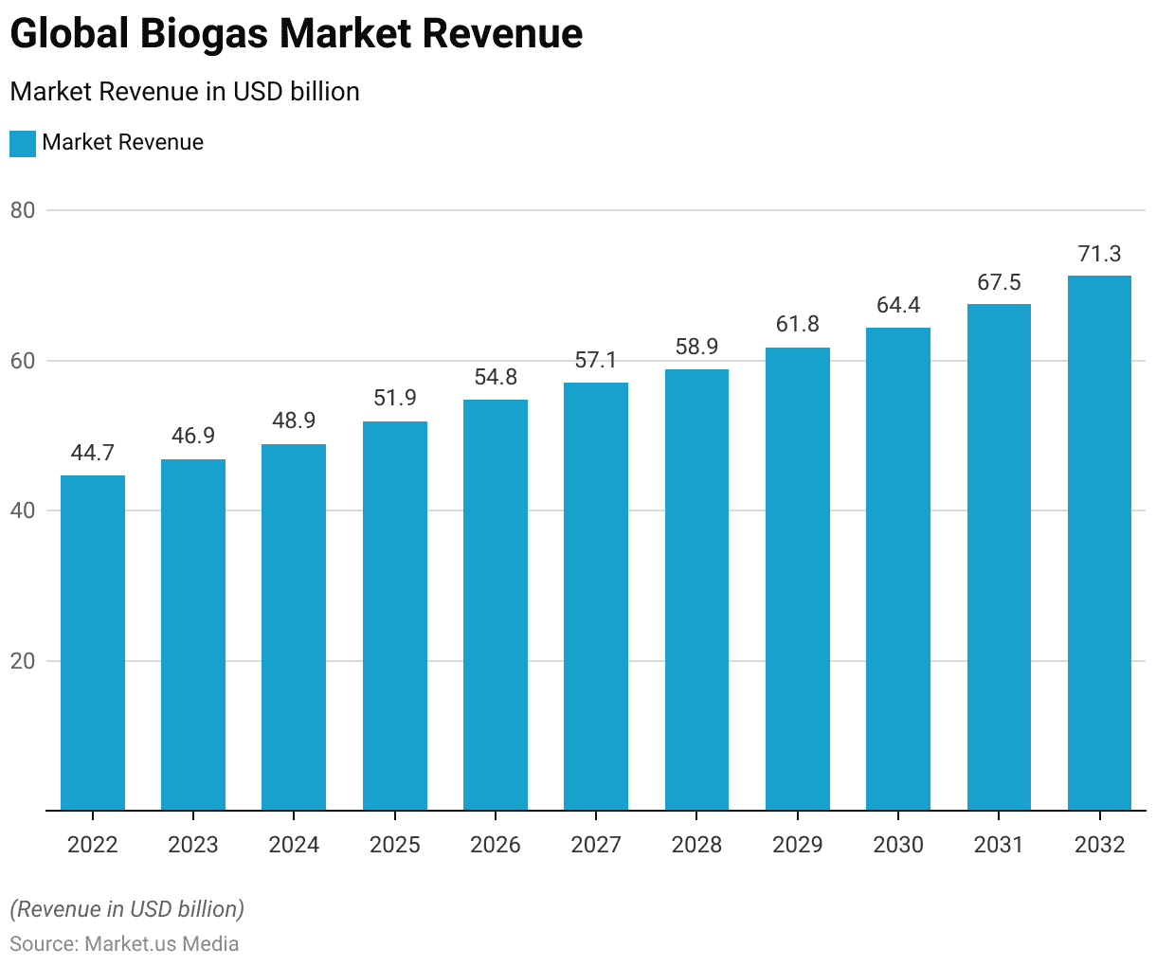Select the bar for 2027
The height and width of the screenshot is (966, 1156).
click(596, 597)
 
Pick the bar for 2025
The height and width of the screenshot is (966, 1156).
click(395, 616)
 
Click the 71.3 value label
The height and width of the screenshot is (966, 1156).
click(1099, 254)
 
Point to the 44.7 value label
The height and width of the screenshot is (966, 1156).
click(93, 454)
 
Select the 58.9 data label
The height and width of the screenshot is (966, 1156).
click(696, 348)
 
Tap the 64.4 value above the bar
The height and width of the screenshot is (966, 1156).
click(898, 306)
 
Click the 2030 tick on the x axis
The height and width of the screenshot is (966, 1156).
click(898, 845)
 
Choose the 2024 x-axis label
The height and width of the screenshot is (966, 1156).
click(294, 845)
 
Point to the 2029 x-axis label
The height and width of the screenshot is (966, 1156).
click(798, 845)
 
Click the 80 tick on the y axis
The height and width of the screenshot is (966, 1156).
click(23, 210)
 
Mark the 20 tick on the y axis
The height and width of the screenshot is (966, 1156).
click(23, 661)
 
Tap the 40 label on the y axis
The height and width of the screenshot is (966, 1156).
click(23, 510)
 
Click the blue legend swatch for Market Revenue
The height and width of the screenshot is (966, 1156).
click(23, 143)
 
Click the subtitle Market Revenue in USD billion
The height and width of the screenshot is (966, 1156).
click(185, 92)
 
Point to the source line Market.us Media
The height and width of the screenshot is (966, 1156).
click(124, 944)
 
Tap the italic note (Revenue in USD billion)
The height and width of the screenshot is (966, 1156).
click(127, 909)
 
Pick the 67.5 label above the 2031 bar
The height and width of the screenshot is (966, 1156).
click(999, 282)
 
